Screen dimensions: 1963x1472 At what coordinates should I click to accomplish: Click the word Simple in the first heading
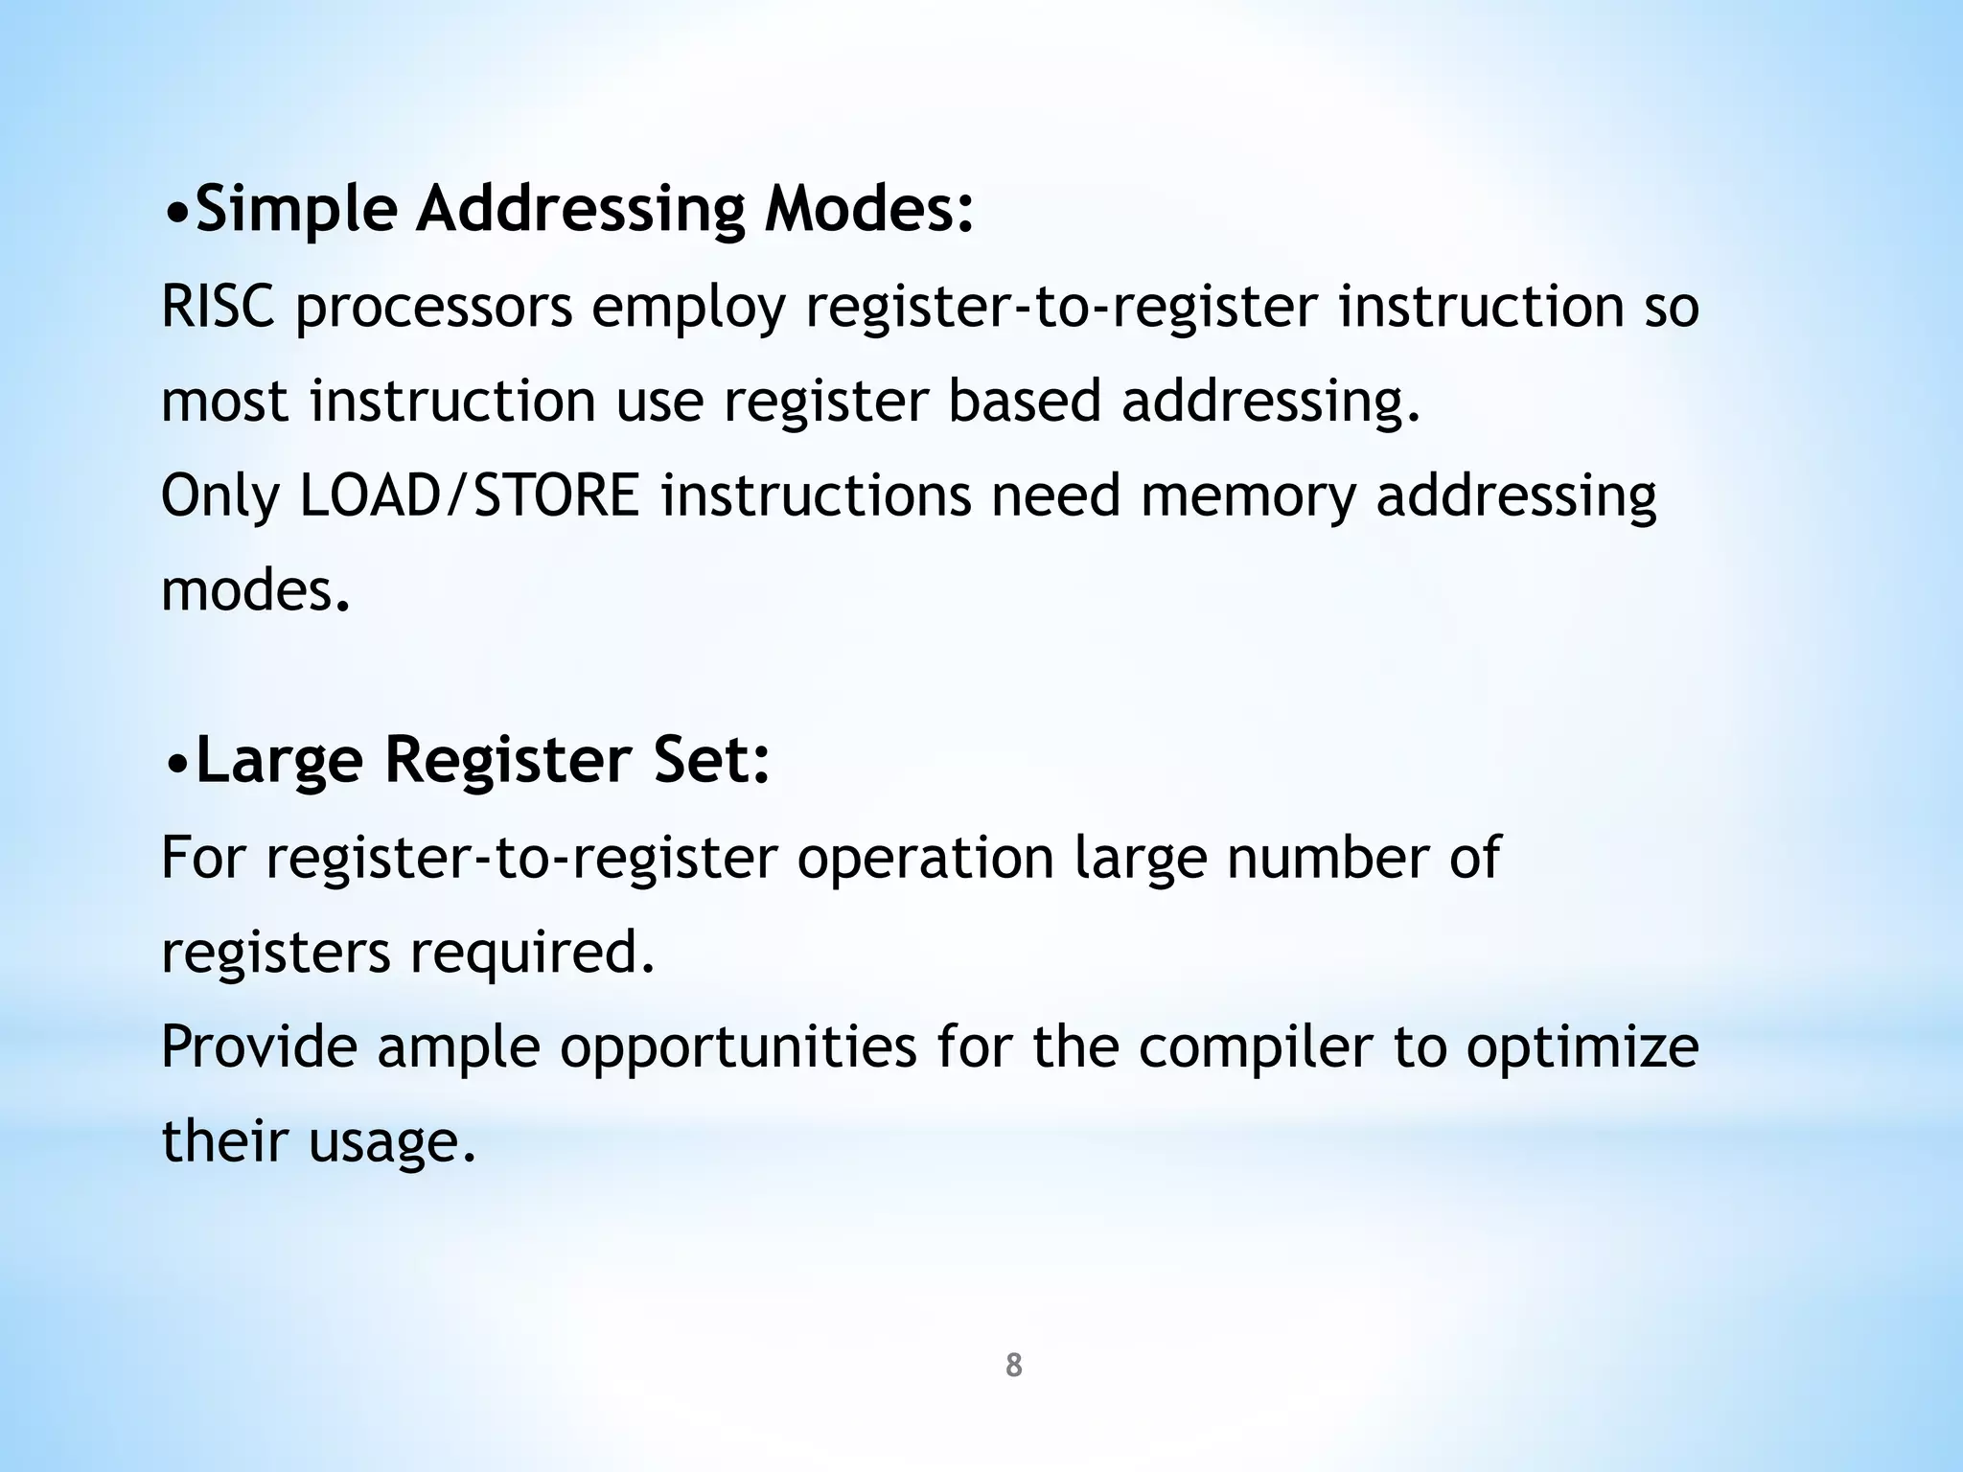pos(296,211)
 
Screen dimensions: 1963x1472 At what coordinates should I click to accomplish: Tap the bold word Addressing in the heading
pos(580,211)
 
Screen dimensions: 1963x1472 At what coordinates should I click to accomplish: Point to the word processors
pos(433,309)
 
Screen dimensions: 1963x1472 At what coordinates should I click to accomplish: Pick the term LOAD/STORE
pos(469,496)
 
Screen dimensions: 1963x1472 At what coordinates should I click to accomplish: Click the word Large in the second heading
pos(279,761)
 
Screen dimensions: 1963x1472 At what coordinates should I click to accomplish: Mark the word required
pos(533,953)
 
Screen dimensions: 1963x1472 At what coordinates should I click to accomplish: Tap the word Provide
pos(258,1046)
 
